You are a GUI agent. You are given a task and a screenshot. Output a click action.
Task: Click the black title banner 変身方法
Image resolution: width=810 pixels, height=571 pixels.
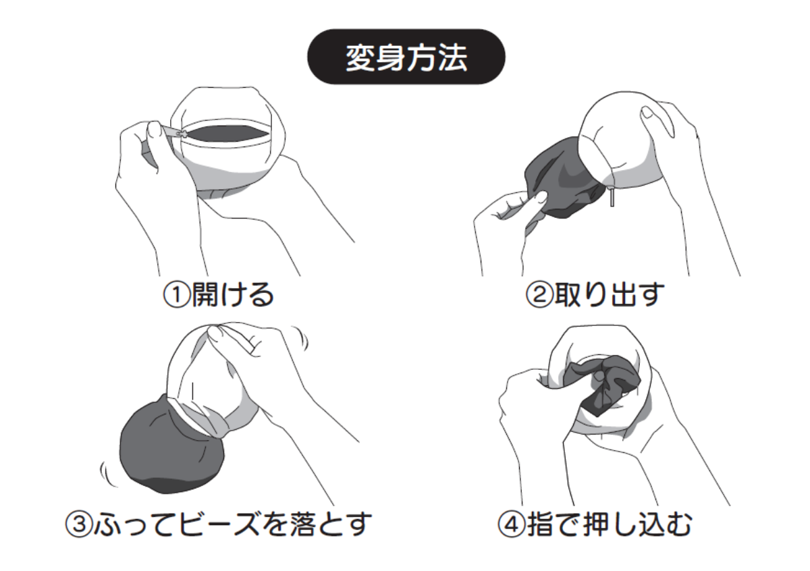pyautogui.click(x=406, y=57)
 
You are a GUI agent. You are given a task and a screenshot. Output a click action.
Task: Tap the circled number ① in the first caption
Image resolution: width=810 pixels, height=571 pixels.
pyautogui.click(x=177, y=295)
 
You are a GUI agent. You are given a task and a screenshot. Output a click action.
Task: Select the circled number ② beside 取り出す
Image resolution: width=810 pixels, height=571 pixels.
pyautogui.click(x=539, y=295)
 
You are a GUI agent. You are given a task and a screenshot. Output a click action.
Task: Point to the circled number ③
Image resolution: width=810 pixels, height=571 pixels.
pyautogui.click(x=79, y=524)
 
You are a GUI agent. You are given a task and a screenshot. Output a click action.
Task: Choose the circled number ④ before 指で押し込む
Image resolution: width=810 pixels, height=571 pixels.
pyautogui.click(x=512, y=524)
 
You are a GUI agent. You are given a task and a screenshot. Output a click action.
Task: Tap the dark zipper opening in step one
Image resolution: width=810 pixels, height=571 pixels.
pyautogui.click(x=228, y=134)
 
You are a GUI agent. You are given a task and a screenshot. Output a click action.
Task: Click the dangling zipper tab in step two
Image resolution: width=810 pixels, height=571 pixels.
pyautogui.click(x=612, y=196)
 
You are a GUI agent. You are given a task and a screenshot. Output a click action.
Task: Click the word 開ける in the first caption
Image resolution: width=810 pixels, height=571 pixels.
pyautogui.click(x=232, y=295)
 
